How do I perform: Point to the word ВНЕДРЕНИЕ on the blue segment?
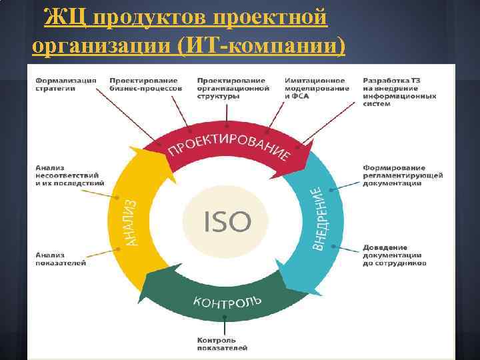point(319,219)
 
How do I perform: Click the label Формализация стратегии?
point(66,84)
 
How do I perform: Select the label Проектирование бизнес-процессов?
point(145,84)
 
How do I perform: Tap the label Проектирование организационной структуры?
point(233,88)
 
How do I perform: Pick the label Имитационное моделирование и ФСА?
point(317,88)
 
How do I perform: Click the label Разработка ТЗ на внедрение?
point(399,92)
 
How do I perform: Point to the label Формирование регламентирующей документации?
point(403,175)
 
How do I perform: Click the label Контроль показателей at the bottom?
point(222,344)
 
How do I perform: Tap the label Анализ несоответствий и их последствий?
point(69,175)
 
